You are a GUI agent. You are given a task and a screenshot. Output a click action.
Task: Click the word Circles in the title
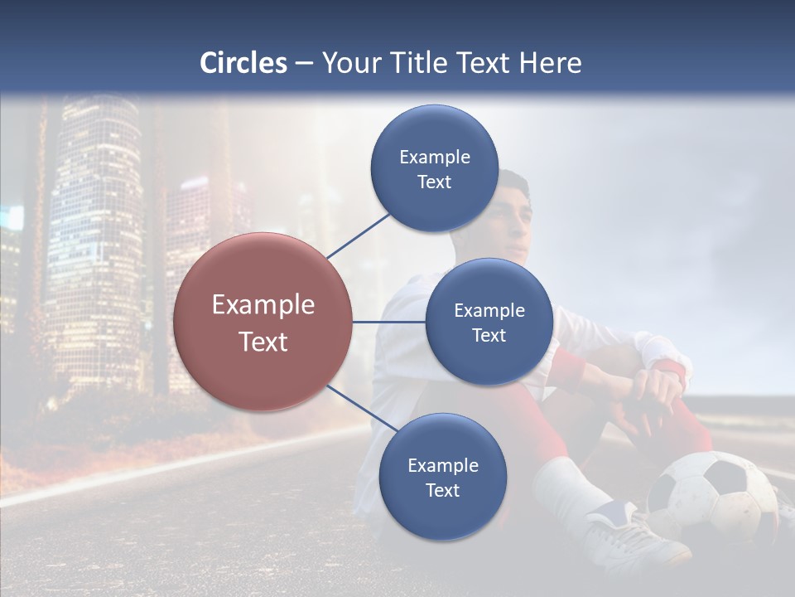(x=243, y=63)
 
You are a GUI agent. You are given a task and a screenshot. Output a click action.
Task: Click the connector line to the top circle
(x=358, y=235)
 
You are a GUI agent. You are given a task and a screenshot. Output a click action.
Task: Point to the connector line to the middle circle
(x=388, y=322)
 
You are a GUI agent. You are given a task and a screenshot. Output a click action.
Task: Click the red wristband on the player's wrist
(x=672, y=369)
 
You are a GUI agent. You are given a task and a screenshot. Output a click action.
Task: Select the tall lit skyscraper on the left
(x=95, y=240)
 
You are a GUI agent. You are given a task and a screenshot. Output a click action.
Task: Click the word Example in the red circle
(x=263, y=305)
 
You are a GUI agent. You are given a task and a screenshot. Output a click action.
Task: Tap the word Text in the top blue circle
(x=435, y=182)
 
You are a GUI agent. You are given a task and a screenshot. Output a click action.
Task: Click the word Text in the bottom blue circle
(x=442, y=491)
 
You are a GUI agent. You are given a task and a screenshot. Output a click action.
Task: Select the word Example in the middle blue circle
(x=489, y=311)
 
